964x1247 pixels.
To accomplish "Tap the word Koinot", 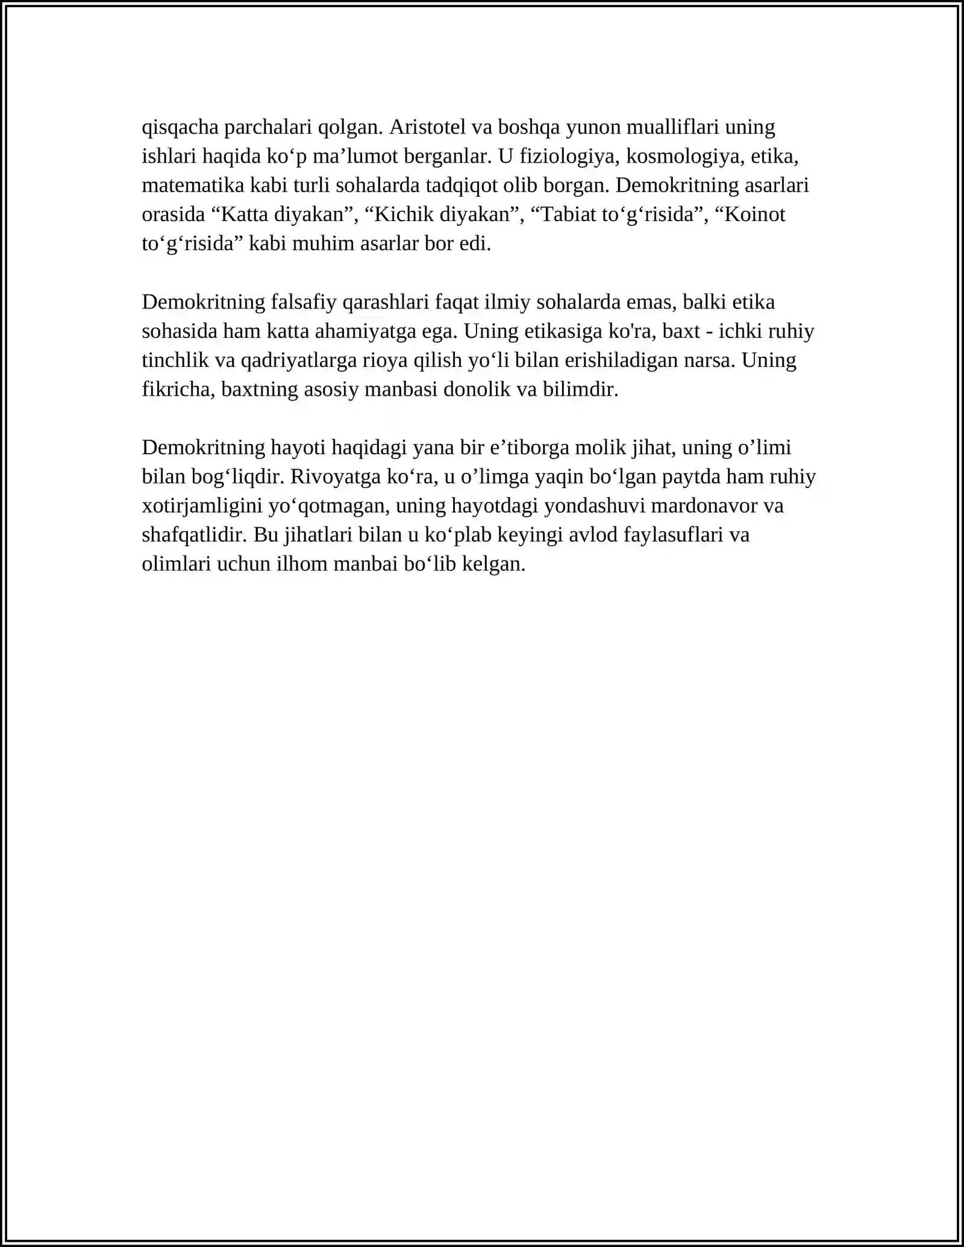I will [x=755, y=214].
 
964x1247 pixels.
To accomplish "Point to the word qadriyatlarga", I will [x=301, y=360].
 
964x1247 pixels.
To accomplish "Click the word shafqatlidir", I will [x=195, y=535].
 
